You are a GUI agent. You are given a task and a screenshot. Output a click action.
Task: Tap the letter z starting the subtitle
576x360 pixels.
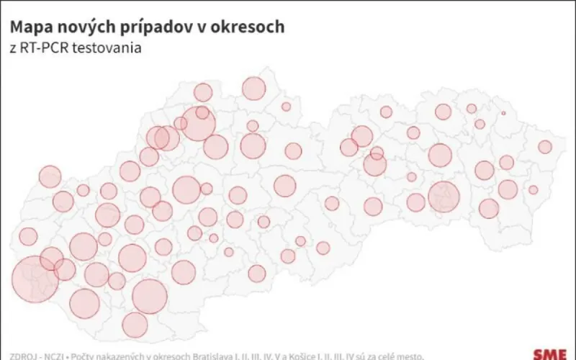click(12, 49)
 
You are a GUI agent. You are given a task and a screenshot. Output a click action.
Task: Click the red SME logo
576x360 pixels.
click(550, 354)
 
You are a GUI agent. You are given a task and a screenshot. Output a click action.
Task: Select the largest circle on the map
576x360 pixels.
click(35, 279)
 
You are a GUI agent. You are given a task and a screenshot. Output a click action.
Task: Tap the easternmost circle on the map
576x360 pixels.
click(545, 147)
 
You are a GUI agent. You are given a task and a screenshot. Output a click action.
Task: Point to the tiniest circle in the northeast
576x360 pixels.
click(503, 113)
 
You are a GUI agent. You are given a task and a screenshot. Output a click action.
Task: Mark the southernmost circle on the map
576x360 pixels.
click(135, 325)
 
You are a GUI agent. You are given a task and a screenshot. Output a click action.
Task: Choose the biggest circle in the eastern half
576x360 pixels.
click(444, 196)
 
